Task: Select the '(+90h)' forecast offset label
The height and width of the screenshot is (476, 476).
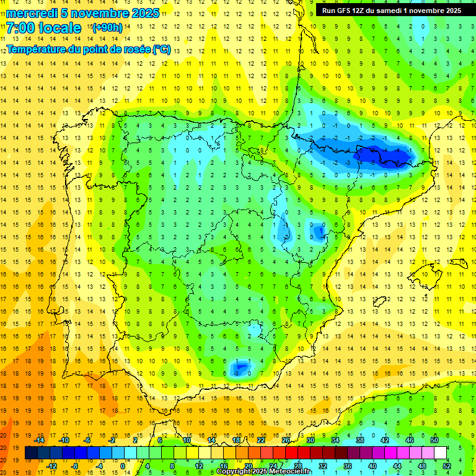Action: (x=107, y=28)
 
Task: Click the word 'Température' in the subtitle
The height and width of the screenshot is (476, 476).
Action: (x=37, y=49)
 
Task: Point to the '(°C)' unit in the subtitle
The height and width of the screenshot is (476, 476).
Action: (x=161, y=49)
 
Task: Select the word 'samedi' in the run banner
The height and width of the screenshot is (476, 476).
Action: (x=397, y=11)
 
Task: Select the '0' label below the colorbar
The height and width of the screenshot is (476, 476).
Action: (x=122, y=466)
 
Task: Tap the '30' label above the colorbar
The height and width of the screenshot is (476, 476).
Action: (x=310, y=440)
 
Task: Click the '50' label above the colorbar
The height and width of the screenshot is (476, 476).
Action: (x=434, y=440)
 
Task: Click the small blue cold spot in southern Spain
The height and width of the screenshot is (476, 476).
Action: (x=239, y=369)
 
